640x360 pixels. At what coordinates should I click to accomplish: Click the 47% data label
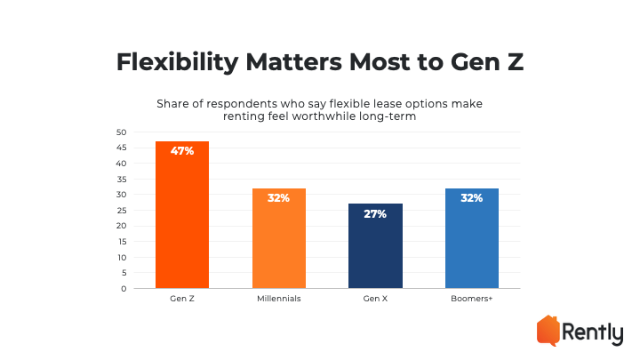(182, 151)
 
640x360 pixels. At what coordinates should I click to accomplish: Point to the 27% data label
(375, 214)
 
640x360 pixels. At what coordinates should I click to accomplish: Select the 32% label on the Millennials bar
(279, 198)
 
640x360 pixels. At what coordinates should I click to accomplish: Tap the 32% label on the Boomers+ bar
(472, 198)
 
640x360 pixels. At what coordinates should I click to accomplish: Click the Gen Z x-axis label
(182, 300)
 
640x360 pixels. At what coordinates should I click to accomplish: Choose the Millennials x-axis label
(279, 300)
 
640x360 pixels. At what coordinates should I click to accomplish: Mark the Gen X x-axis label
(375, 300)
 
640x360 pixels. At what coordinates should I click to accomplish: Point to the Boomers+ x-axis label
(472, 300)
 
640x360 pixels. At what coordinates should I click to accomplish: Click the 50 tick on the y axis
(122, 132)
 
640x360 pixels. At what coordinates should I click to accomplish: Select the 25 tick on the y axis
(122, 211)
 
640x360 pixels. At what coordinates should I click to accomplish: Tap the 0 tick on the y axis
(124, 288)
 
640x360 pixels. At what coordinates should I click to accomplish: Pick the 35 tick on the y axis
(122, 180)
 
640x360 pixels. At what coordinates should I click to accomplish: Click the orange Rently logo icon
(548, 330)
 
